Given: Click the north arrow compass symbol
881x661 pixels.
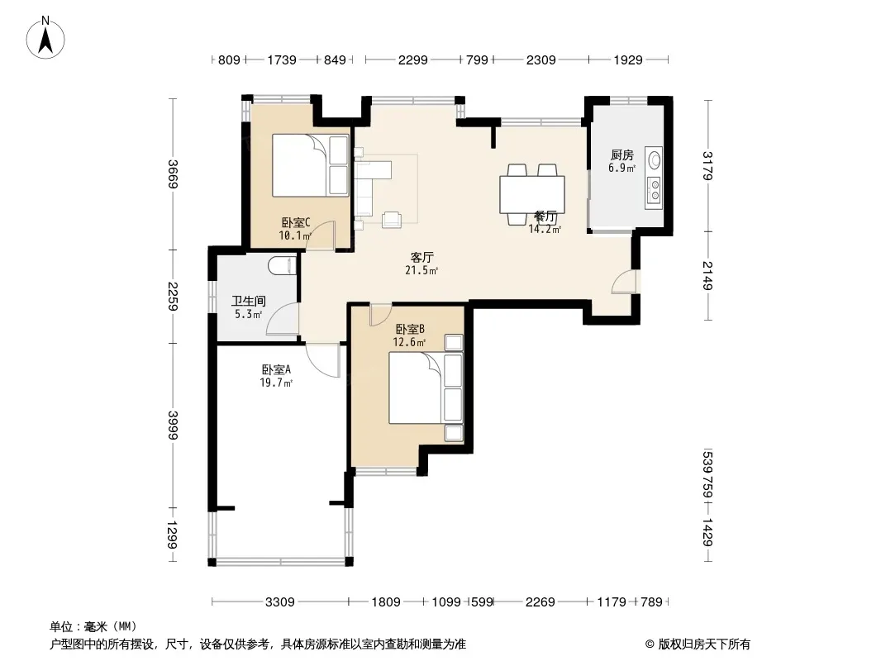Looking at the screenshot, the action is tap(45, 38).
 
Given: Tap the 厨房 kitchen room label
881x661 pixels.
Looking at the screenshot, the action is tap(622, 155).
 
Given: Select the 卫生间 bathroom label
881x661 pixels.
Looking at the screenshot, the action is tap(248, 302).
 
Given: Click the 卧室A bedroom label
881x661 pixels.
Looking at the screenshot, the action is tap(276, 370).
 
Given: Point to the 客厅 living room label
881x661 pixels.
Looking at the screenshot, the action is tap(421, 258).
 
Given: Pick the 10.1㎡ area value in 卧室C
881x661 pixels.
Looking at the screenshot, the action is tap(295, 235).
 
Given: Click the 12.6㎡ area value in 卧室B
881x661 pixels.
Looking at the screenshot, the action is tap(409, 342).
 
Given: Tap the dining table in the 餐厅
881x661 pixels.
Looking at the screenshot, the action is tap(532, 194).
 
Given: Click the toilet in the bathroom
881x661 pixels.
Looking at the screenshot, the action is tap(282, 265).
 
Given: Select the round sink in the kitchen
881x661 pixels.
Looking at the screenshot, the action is tap(655, 160).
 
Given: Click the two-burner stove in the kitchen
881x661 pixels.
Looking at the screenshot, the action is tap(655, 189).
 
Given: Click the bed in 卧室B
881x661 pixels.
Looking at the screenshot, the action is tap(426, 388).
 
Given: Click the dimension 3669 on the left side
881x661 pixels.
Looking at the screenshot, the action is tap(173, 174).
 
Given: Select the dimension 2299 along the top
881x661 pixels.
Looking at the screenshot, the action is tap(413, 59).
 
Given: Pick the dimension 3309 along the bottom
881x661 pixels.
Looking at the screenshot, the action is tap(280, 602).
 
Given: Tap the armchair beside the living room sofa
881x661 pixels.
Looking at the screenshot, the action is tap(392, 220).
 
